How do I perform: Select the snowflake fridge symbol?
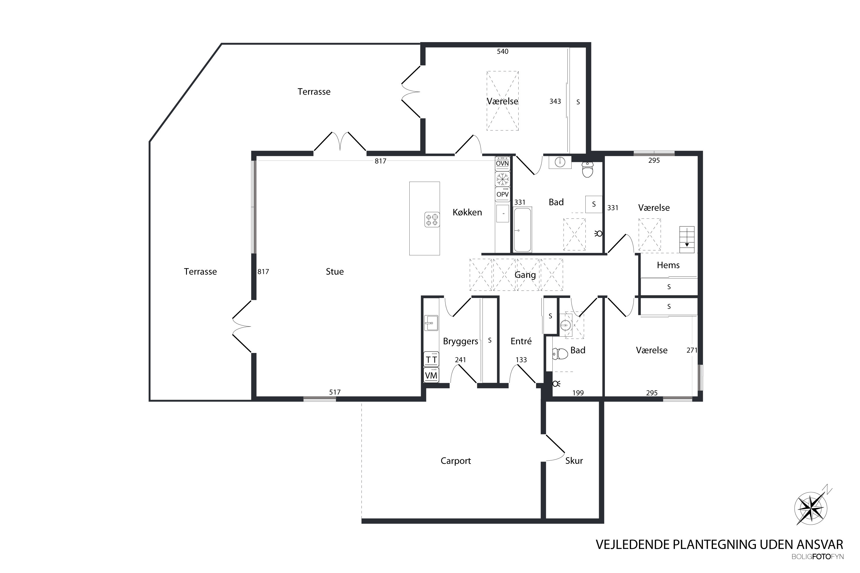point(503,179)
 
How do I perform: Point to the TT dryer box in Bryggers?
point(431,359)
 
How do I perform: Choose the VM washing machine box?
point(431,375)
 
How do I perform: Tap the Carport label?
point(456,461)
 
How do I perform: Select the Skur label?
point(574,461)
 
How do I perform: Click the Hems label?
point(668,265)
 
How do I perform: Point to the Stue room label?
point(335,272)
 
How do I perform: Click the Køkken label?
point(467,212)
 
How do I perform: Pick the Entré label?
point(521,341)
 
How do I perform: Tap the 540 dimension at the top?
point(503,52)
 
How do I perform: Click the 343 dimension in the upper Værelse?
point(555,101)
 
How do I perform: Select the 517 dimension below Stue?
point(335,392)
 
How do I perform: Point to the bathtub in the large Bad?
point(523,230)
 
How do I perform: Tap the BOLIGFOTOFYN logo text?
point(818,557)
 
